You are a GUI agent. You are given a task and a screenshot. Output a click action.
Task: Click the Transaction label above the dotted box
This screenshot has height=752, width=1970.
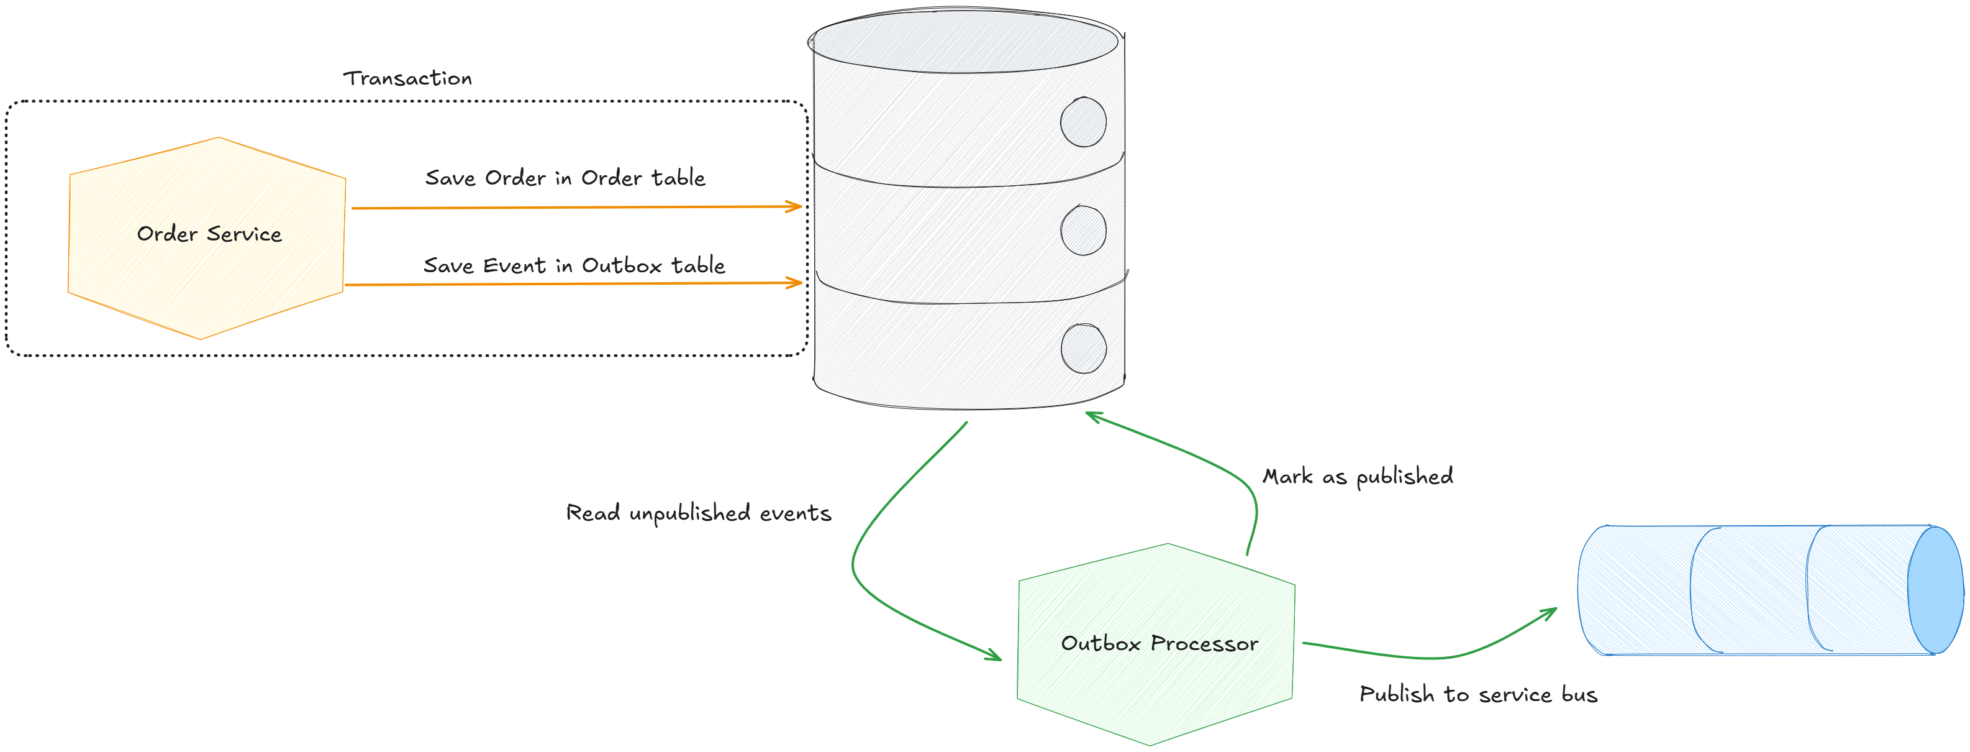(407, 78)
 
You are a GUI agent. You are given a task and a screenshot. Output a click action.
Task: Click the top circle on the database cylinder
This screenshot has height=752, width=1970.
(1083, 122)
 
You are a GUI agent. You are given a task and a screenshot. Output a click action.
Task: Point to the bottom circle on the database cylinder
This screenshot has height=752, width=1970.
(1083, 348)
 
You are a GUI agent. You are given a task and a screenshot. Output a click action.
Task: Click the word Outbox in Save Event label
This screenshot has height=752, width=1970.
(621, 265)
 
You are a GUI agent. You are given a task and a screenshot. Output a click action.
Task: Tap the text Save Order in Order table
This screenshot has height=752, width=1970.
(565, 178)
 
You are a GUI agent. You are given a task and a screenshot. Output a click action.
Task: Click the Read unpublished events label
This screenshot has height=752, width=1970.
(697, 513)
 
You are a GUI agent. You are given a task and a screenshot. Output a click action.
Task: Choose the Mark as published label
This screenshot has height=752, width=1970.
(1358, 476)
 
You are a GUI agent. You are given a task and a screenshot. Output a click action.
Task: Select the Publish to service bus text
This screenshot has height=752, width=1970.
(1477, 694)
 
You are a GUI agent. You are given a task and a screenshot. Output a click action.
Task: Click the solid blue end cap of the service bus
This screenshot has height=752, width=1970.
(1935, 589)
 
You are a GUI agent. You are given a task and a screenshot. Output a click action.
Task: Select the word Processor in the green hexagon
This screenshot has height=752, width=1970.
(1204, 643)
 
